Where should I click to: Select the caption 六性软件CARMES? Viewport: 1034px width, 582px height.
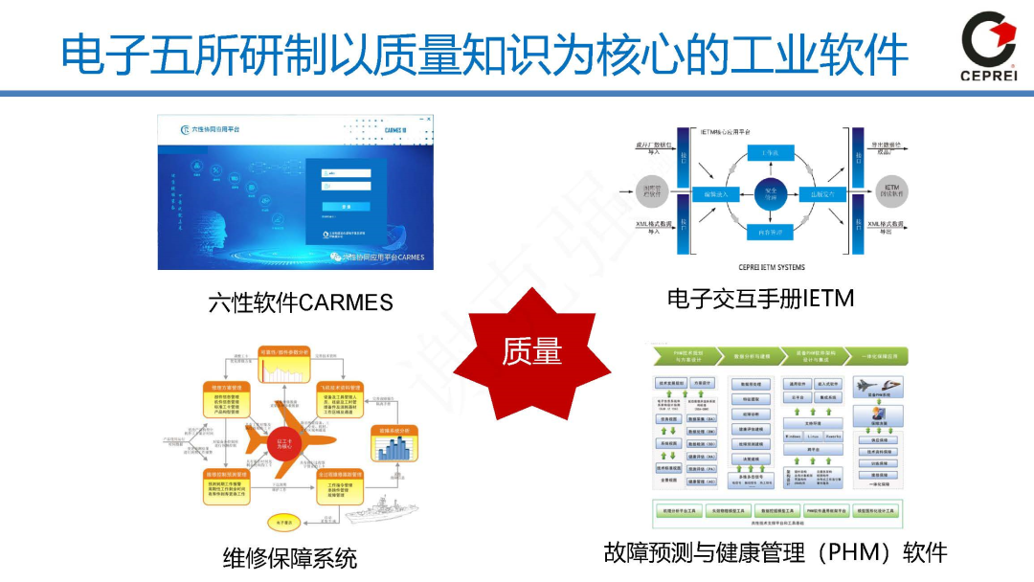coord(301,302)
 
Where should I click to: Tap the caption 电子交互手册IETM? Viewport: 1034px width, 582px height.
coord(760,299)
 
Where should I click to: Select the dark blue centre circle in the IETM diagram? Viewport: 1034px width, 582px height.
coord(770,194)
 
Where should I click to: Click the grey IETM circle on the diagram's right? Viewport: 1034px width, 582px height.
coord(891,191)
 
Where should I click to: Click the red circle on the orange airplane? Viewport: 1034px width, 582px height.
coord(284,441)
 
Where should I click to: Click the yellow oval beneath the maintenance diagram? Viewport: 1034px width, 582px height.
coord(283,523)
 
